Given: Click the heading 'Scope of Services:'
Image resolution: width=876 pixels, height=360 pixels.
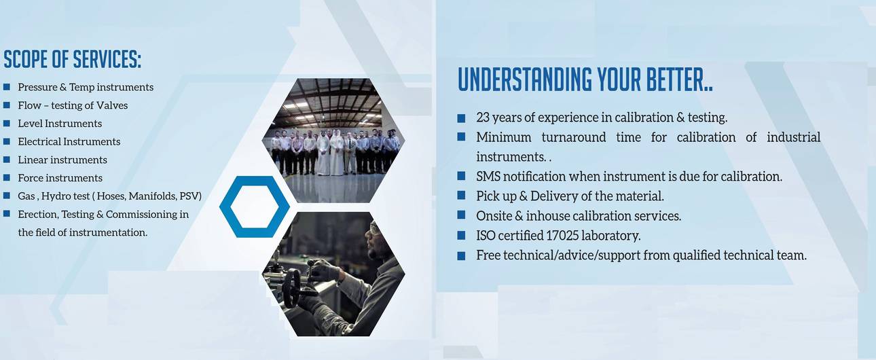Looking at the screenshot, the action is (73, 60).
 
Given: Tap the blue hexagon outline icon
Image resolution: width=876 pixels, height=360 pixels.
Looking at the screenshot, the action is (255, 206).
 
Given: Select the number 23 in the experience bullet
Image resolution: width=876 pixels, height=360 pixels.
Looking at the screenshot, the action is (483, 118).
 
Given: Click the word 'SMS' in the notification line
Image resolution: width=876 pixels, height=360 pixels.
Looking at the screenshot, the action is (488, 177).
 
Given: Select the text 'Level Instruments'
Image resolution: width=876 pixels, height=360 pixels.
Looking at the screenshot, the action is (60, 124).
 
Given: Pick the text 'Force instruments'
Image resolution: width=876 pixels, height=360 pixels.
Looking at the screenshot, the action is (60, 178).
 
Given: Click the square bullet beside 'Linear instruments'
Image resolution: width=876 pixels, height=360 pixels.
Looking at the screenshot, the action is (7, 160).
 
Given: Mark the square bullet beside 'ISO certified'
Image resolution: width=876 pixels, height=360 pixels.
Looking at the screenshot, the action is (462, 236).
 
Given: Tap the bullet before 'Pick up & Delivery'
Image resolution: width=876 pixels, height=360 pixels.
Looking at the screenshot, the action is (462, 196).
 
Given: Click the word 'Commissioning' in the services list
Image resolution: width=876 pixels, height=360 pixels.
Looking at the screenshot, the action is (141, 215).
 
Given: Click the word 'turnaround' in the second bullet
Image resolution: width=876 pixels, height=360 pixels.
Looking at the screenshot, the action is (574, 137).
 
